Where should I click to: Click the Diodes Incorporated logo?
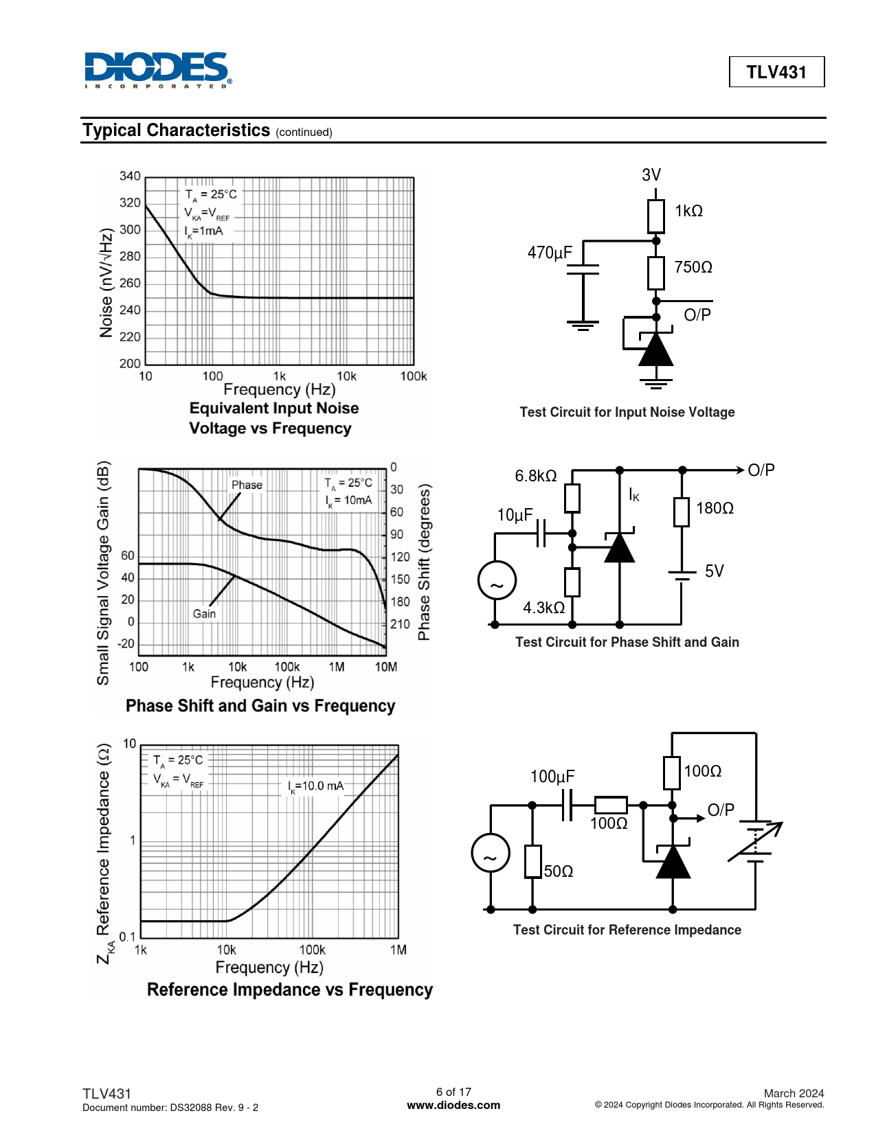pyautogui.click(x=157, y=70)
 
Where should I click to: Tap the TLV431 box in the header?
pyautogui.click(x=776, y=72)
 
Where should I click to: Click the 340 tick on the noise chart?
pyautogui.click(x=130, y=176)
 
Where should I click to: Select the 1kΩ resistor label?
pyautogui.click(x=688, y=211)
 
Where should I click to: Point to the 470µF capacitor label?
pyautogui.click(x=550, y=253)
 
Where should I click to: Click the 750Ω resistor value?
pyautogui.click(x=693, y=267)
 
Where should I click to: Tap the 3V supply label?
pyautogui.click(x=651, y=175)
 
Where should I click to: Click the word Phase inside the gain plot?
pyautogui.click(x=247, y=485)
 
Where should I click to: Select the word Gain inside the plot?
pyautogui.click(x=204, y=614)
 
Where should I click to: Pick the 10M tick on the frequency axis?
pyautogui.click(x=385, y=667)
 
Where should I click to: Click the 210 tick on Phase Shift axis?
pyautogui.click(x=400, y=624)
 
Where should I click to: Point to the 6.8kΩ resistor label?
pyautogui.click(x=536, y=476)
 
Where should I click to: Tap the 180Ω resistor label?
pyautogui.click(x=715, y=508)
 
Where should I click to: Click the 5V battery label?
pyautogui.click(x=715, y=571)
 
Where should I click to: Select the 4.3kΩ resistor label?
pyautogui.click(x=543, y=608)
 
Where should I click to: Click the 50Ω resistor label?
pyautogui.click(x=559, y=871)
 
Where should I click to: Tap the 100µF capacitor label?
pyautogui.click(x=552, y=777)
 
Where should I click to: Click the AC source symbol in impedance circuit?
pyautogui.click(x=491, y=853)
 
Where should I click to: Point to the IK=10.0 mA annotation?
pyautogui.click(x=316, y=786)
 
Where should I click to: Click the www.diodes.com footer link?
pyautogui.click(x=453, y=1106)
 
